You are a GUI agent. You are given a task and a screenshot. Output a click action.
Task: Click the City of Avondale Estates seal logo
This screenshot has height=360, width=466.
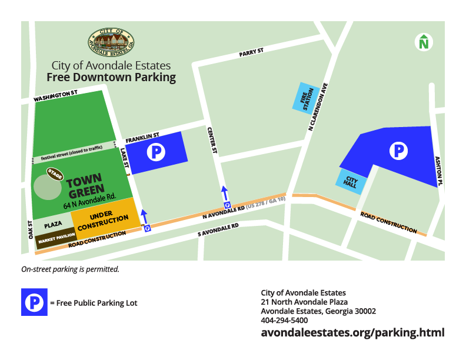[x=111, y=41]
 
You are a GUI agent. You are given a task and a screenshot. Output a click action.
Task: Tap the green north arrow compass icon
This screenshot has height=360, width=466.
[x=423, y=42]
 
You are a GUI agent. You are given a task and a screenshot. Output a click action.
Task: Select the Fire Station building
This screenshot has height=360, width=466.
[x=305, y=96]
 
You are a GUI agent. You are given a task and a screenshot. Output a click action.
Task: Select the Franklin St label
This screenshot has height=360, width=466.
[x=142, y=138]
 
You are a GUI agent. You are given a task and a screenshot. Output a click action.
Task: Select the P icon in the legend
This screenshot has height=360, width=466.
[x=34, y=302]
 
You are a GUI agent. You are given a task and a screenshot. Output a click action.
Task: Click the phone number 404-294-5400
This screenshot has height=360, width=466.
[x=284, y=321]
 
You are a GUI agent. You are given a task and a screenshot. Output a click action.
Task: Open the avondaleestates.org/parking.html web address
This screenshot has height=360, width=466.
[x=352, y=333]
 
